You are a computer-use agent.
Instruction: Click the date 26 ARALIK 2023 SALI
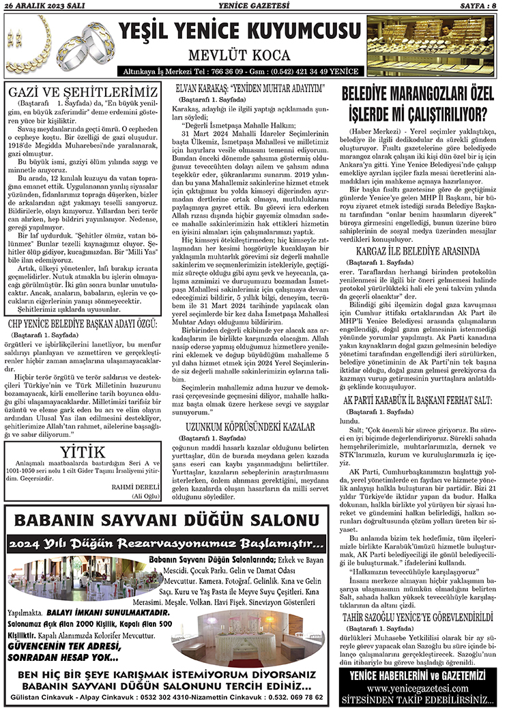click(x=40, y=5)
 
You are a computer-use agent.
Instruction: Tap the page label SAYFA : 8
click(x=477, y=5)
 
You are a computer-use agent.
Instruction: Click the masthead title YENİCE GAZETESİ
click(x=253, y=5)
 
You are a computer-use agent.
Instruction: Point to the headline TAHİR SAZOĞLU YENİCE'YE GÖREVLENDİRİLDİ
click(x=420, y=619)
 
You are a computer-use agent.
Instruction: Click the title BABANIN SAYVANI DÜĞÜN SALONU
click(x=167, y=521)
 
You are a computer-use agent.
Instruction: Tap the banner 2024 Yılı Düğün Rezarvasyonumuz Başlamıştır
click(x=167, y=544)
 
